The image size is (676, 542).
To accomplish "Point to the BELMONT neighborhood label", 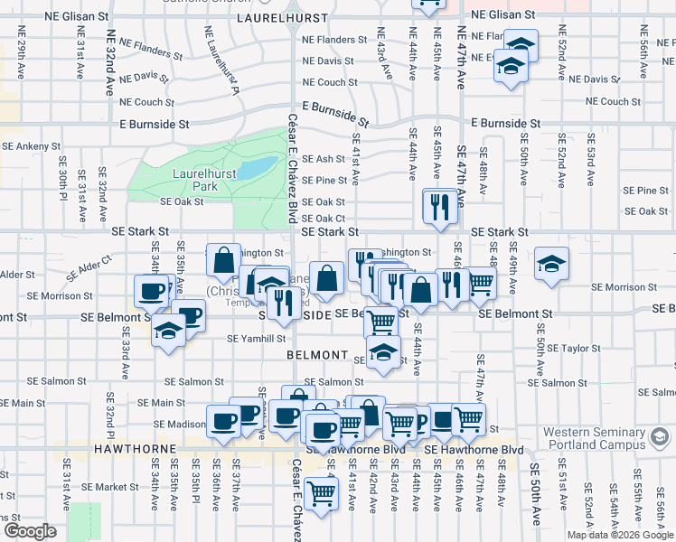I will pyautogui.click(x=317, y=355).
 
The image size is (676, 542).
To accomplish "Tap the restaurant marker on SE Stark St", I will pyautogui.click(x=438, y=208).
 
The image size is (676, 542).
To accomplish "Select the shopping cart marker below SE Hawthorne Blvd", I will pyautogui.click(x=321, y=493).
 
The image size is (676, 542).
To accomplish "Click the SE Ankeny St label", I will pyautogui.click(x=31, y=145).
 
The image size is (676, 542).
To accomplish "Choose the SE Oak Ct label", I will pyautogui.click(x=323, y=218).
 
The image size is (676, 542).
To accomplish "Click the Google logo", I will pyautogui.click(x=30, y=531).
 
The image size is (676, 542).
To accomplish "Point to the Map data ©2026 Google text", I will pyautogui.click(x=619, y=535).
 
